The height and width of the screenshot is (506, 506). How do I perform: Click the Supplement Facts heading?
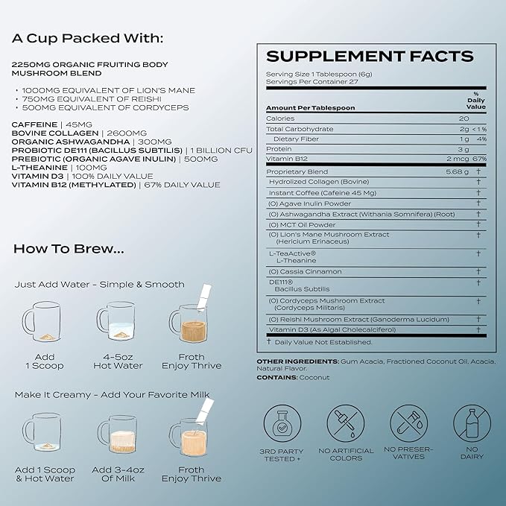coord(370,56)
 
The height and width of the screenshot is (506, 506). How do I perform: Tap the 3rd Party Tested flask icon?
coord(282,423)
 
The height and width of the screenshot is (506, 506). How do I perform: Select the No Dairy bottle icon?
coord(472,423)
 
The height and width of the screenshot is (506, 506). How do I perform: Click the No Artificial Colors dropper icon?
coord(346,423)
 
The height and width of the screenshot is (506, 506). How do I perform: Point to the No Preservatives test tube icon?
coord(408,423)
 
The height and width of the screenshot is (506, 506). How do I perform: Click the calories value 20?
coord(464,118)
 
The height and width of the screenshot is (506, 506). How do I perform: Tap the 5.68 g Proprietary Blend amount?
coord(458,171)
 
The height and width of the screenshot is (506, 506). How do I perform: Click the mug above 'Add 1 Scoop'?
coord(41,321)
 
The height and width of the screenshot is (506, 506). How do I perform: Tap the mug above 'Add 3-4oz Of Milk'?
coord(117,434)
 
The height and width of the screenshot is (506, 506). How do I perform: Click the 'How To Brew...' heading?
coord(69,249)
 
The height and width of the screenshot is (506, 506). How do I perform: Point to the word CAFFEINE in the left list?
coord(34,124)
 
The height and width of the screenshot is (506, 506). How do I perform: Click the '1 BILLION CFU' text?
coord(221,151)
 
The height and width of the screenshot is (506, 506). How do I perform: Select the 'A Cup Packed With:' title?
coord(87,38)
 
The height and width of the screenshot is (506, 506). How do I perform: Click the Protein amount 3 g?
coord(464,149)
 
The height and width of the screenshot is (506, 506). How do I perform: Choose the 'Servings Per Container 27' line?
coord(312,82)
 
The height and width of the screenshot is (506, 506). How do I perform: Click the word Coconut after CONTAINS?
coord(314,378)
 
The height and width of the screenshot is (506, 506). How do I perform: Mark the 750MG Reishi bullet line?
coord(92,99)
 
